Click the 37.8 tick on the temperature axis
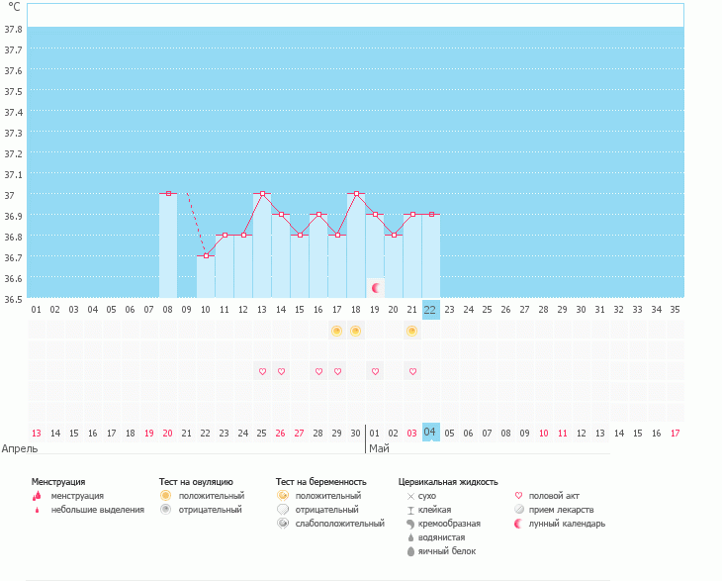coord(13,29)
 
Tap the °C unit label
coord(13,7)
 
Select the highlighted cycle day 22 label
coord(430,309)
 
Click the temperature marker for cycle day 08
coord(168,194)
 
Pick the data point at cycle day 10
coord(206,255)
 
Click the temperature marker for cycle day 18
coord(356,194)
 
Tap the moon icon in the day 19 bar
coord(375,287)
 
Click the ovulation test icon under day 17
coord(337,330)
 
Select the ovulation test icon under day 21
coord(411,330)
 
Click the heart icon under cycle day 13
coord(262,371)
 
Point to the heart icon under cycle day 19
coord(375,371)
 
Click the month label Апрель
coord(21,448)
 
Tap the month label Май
coord(379,448)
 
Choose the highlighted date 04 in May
coord(430,433)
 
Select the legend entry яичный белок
coord(447,550)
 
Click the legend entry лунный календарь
coord(567,523)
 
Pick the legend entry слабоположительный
coord(339,523)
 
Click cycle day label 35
coord(675,309)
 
